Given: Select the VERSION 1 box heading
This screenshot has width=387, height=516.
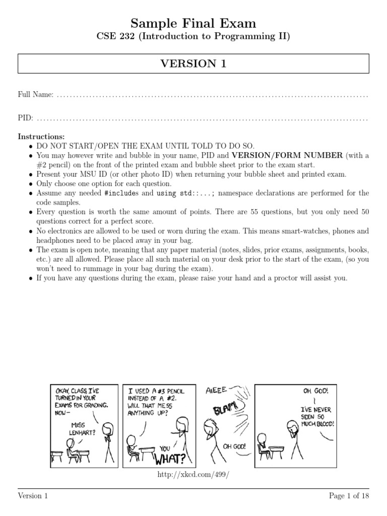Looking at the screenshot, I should [x=193, y=63].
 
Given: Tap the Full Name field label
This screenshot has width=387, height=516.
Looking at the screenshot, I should [x=36, y=95].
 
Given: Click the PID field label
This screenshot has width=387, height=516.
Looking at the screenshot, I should [x=26, y=118].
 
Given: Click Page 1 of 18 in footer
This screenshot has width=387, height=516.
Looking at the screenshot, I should [x=349, y=496].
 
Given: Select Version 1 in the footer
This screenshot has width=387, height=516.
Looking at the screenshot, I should [x=33, y=496].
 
